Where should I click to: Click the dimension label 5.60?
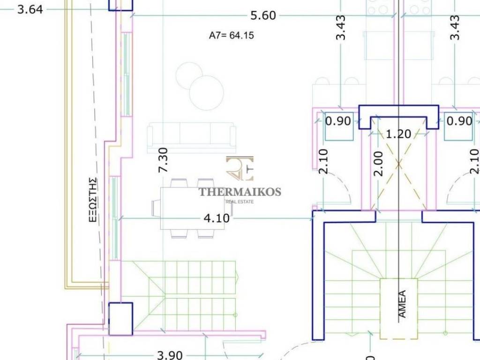pos(263,15)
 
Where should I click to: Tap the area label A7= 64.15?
pos(232,36)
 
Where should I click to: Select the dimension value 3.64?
pos(30,9)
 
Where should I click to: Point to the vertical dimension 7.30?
pos(163,160)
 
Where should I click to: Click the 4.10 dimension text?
pos(217,218)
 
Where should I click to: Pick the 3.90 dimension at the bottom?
pos(170,355)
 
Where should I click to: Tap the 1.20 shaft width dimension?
pos(398,134)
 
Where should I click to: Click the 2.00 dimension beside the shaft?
pos(379,164)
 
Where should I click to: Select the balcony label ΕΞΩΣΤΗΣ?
pos(93,200)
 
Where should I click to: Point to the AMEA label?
pos(402,304)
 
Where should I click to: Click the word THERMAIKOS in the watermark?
pos(240,192)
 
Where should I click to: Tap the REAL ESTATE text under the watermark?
pos(240,202)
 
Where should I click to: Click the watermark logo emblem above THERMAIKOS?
pos(240,168)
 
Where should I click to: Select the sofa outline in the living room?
pos(192,138)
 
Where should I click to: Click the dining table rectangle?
pos(192,208)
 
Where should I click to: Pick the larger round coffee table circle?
pos(206,93)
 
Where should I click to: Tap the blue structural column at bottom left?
pos(121,319)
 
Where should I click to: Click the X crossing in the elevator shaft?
pos(398,165)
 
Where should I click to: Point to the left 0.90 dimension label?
pos(338,121)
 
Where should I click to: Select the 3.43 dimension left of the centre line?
pos(340,28)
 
